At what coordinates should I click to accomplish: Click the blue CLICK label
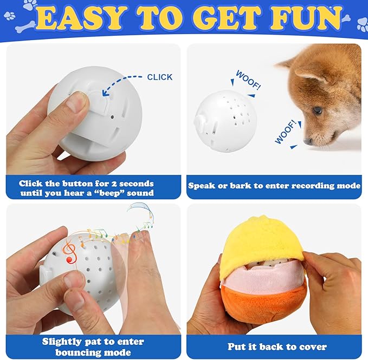pyautogui.click(x=160, y=77)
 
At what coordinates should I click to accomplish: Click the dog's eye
pyautogui.click(x=318, y=110)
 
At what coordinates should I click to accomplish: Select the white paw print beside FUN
pyautogui.click(x=362, y=24)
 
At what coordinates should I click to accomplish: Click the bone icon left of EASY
pyautogui.click(x=25, y=27)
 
